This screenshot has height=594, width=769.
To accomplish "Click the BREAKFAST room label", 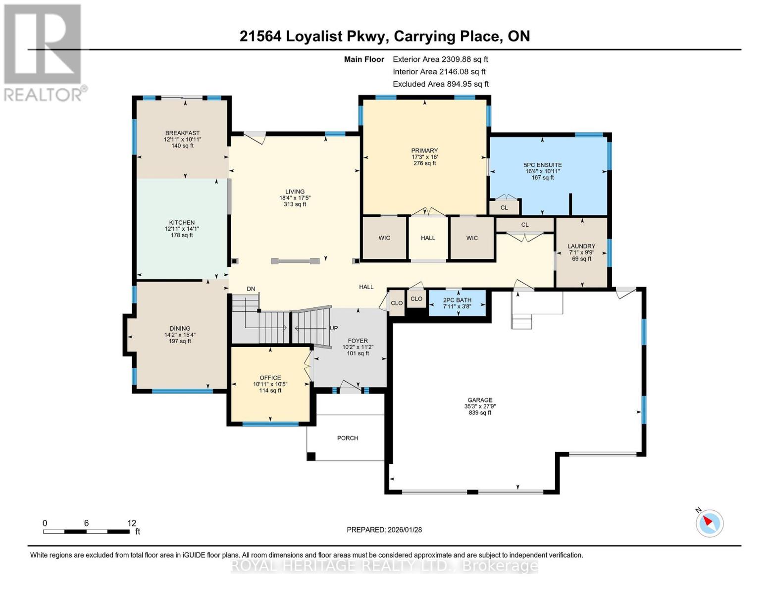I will (182, 133).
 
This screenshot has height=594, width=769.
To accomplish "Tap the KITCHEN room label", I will (182, 222).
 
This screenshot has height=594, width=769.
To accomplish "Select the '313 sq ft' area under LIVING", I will (295, 204).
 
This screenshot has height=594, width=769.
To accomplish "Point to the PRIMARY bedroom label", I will (424, 150).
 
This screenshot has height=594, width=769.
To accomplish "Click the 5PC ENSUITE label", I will (543, 165).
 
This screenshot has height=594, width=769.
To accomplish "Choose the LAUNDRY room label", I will (581, 246).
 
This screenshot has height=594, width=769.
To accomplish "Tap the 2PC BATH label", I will (457, 300).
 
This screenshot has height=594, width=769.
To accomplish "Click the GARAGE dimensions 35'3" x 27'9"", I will (480, 406).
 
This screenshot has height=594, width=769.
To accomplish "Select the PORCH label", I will (347, 438).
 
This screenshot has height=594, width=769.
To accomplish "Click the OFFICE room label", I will (270, 378).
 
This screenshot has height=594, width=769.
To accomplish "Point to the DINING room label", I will (180, 328).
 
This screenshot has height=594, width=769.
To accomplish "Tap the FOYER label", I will (358, 341).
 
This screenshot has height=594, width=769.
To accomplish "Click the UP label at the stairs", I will (334, 328).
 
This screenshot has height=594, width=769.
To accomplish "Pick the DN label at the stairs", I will (251, 289).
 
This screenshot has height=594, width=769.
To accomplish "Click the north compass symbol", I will (710, 523).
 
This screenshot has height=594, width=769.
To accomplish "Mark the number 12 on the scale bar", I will (131, 523).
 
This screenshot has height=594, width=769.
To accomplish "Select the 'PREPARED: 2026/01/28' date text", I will (384, 530).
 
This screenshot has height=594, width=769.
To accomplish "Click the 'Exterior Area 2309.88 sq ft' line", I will (440, 59).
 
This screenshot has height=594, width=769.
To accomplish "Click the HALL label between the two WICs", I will (428, 238).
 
